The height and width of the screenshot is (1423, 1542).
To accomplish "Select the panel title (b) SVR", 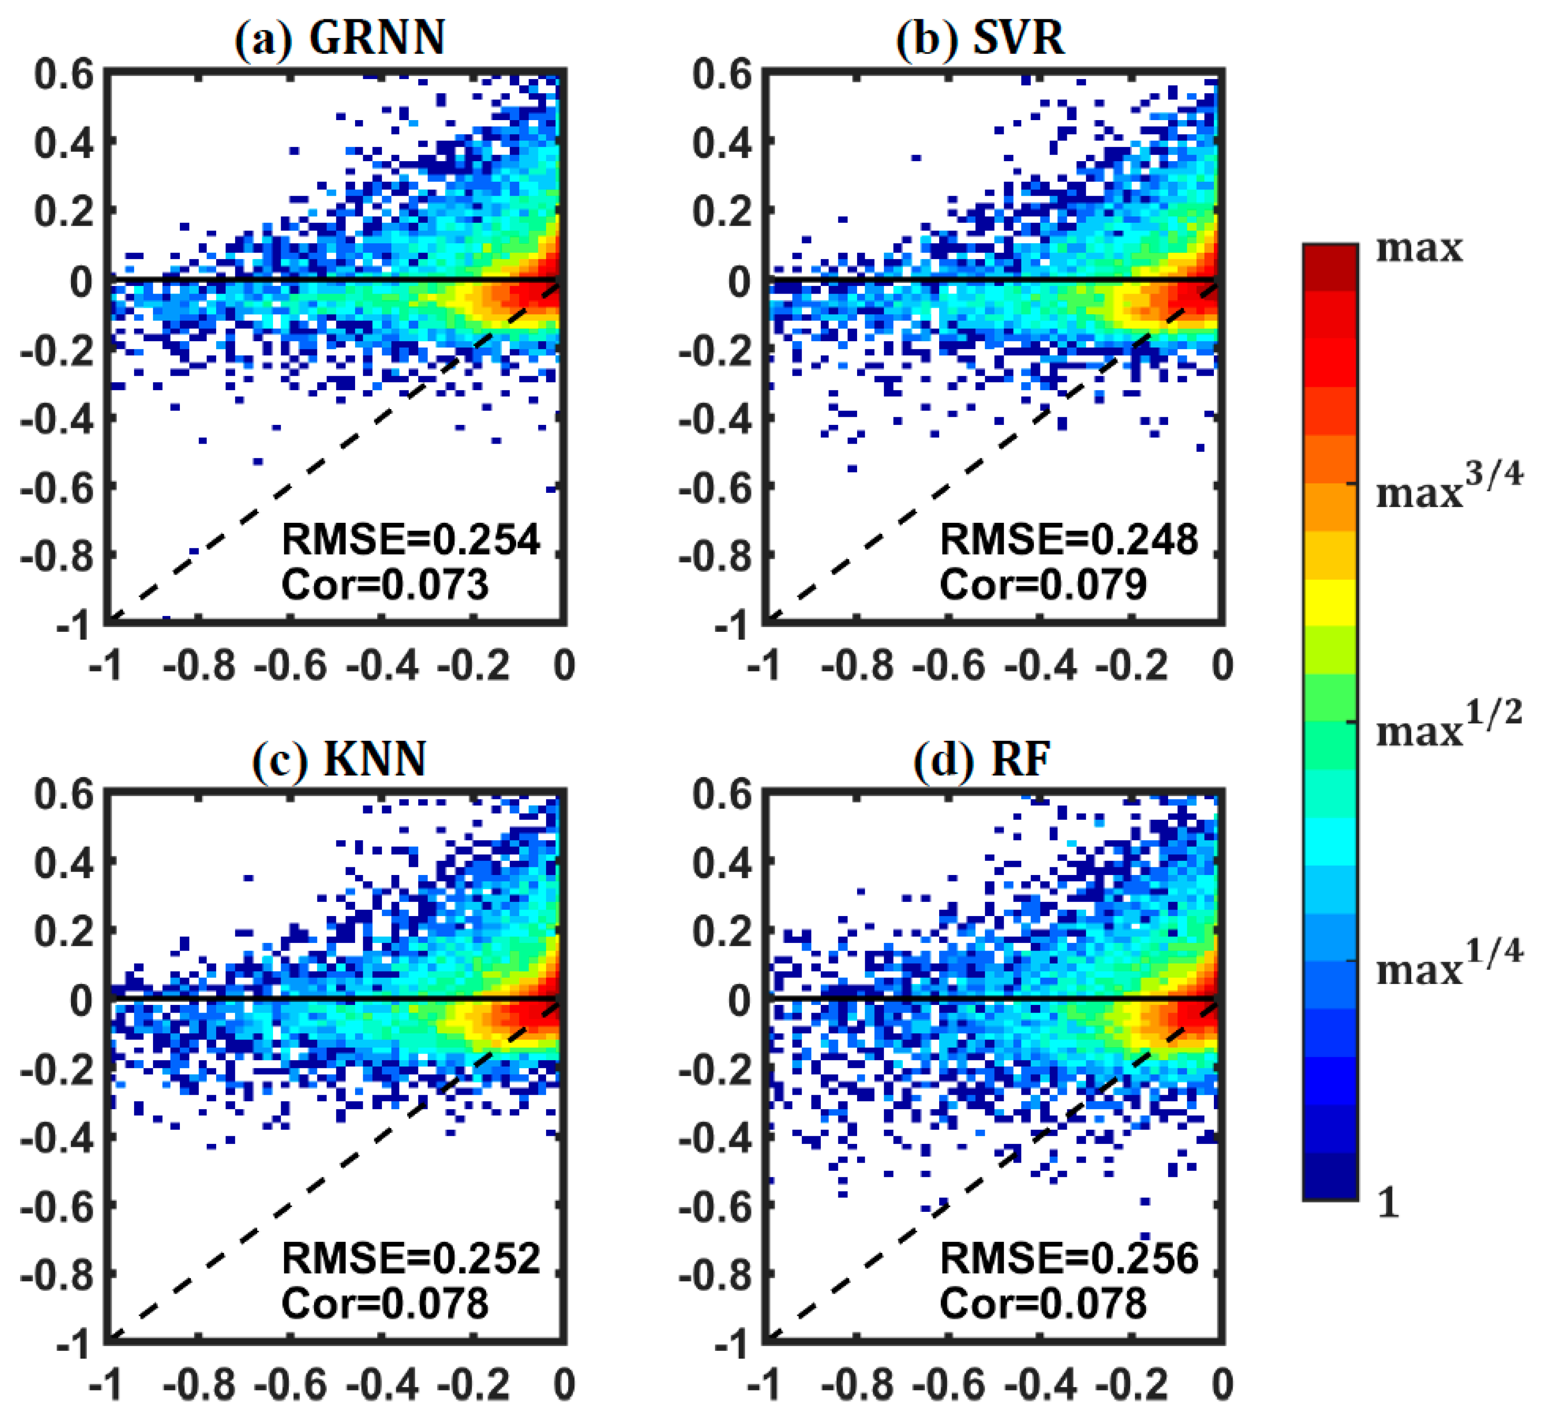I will point(980,37).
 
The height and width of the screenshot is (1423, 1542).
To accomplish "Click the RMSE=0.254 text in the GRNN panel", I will point(410,539).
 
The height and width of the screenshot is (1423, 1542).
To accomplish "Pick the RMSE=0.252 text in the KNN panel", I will point(410,1258).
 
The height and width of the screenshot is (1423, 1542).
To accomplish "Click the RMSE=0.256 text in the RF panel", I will point(1069,1258).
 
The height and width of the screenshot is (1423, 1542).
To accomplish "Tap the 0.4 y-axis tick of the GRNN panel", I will point(64,142).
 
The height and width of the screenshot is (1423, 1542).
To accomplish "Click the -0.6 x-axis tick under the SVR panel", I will point(949,665).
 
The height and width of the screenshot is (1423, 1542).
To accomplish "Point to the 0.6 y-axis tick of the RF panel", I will point(721,793).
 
